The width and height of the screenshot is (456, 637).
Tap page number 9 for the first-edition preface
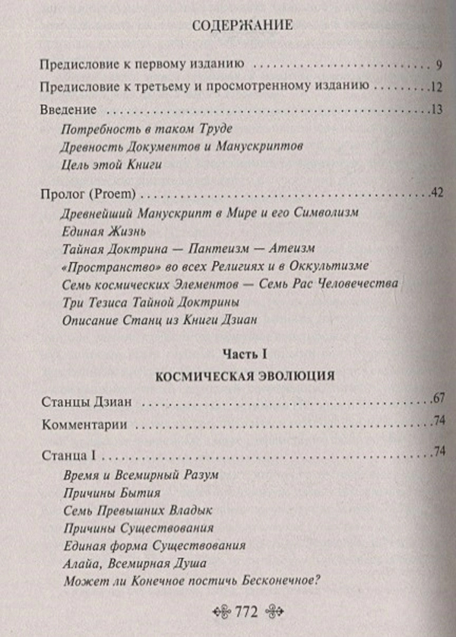click(x=429, y=63)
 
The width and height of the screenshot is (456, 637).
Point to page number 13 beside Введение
click(x=435, y=108)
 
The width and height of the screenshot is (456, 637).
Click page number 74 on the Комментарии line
click(x=437, y=422)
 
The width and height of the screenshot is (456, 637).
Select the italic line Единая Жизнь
click(x=91, y=229)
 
